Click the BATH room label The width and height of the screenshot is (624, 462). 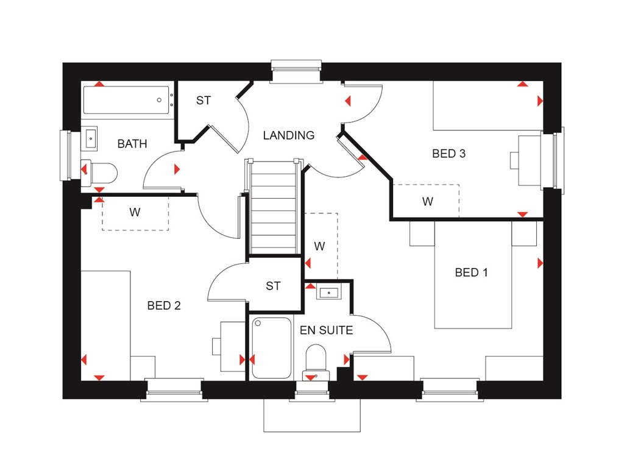click(x=132, y=144)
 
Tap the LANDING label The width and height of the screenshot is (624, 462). click(x=289, y=135)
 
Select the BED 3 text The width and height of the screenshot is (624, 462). click(x=448, y=154)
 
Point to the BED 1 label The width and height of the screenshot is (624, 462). click(x=471, y=272)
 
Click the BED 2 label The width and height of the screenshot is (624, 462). click(x=164, y=305)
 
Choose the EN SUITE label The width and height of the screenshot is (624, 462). click(x=326, y=330)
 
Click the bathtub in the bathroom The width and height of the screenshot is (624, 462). click(x=126, y=100)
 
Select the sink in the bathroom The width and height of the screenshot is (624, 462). click(x=90, y=138)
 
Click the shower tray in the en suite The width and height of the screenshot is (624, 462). click(x=271, y=347)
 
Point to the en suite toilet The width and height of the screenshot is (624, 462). click(x=316, y=360)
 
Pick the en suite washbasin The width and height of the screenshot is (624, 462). click(x=329, y=293)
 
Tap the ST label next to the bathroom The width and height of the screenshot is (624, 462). click(x=204, y=101)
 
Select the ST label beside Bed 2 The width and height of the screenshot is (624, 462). click(x=273, y=285)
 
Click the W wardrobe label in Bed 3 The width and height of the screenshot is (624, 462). click(x=428, y=201)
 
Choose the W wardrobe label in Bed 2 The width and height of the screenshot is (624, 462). click(x=135, y=213)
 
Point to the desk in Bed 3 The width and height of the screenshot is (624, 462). click(x=528, y=160)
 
